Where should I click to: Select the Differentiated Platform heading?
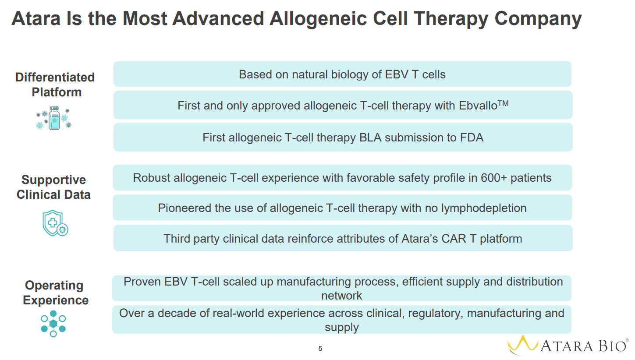tap(55, 85)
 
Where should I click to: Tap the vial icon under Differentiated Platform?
tap(54, 118)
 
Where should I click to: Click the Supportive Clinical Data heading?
tap(53, 187)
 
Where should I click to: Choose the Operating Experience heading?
tap(55, 293)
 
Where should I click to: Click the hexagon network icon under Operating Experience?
tap(53, 324)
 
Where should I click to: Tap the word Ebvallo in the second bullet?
tap(478, 106)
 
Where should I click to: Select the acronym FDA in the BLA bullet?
tap(472, 138)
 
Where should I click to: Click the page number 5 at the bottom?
tap(320, 349)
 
